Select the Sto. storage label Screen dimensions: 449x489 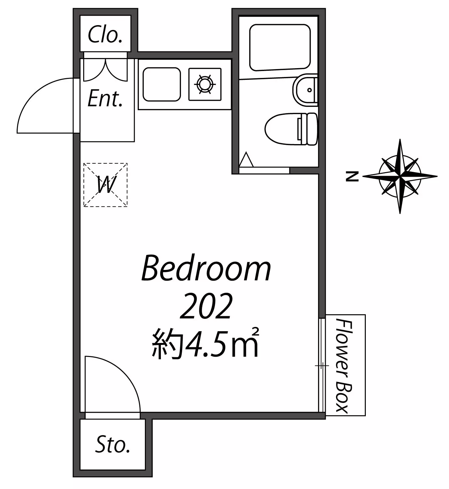tap(113, 444)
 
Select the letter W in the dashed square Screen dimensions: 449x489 tap(105, 184)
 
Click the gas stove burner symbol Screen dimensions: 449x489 tap(205, 84)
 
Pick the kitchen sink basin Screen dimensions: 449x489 tap(162, 84)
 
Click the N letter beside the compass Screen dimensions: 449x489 tap(352, 176)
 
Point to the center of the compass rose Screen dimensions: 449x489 tap(400, 176)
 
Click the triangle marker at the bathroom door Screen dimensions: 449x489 tap(246, 160)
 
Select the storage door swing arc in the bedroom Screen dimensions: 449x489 tap(124, 372)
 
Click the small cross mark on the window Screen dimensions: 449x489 tap(322, 366)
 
